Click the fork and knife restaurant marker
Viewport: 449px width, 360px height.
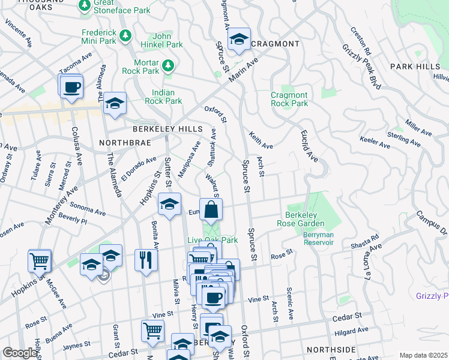click(x=146, y=260)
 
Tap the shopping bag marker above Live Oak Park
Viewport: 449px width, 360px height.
click(x=211, y=210)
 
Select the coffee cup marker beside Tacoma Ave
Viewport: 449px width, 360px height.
click(x=71, y=88)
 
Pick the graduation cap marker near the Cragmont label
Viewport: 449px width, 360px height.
click(x=239, y=40)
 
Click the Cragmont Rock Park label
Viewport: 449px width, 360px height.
click(x=289, y=99)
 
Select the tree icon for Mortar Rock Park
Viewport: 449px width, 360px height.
click(x=169, y=64)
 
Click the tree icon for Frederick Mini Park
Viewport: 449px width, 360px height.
click(x=125, y=36)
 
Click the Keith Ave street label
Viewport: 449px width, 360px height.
click(x=261, y=141)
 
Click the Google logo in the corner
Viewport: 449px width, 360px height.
click(x=20, y=353)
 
